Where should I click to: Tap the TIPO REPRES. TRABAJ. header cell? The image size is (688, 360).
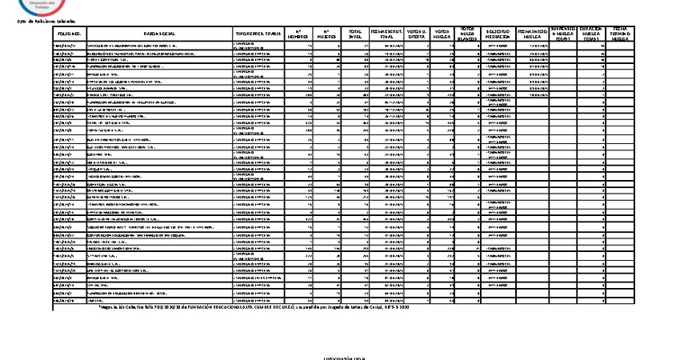tap(258, 34)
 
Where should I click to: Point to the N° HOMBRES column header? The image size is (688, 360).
tap(297, 34)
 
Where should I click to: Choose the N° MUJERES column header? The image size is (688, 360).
tap(326, 34)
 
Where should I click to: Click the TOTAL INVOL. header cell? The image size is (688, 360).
tap(354, 34)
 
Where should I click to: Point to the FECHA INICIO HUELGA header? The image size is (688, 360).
tap(534, 34)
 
